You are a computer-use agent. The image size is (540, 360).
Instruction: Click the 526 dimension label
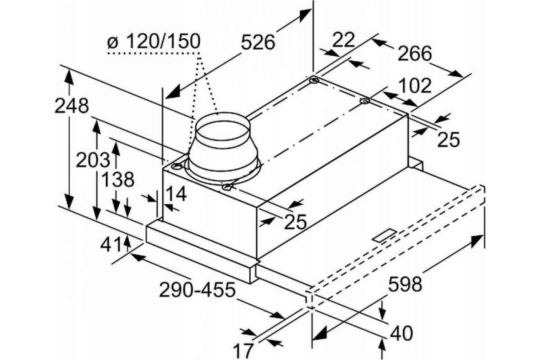(x=257, y=43)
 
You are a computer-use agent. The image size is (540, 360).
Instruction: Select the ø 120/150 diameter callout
(x=153, y=42)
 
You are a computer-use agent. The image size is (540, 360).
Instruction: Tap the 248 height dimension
(x=71, y=106)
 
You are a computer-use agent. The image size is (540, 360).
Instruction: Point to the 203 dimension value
(x=93, y=160)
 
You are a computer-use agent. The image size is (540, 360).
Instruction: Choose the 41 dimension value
(x=111, y=246)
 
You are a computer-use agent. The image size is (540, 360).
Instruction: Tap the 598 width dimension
(x=405, y=284)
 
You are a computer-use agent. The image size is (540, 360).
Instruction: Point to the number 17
(x=244, y=350)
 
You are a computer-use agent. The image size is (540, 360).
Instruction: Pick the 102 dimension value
(x=414, y=85)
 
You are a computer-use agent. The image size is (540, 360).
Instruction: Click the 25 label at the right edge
(x=449, y=140)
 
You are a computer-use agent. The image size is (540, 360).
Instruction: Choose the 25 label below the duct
(x=295, y=221)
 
